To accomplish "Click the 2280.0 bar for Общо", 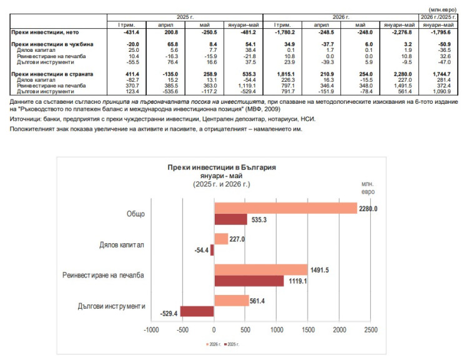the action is point(285,208).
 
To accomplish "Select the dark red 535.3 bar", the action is point(231,219).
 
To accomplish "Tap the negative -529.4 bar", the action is point(197,311).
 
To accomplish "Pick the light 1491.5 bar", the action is point(261,270).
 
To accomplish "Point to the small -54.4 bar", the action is point(212,250).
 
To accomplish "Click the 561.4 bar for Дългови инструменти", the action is point(232,301).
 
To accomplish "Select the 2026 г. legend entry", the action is point(214,344).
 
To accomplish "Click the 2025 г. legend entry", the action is point(232,344).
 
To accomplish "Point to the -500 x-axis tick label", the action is point(182,329).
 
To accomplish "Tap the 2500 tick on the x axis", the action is point(371,329).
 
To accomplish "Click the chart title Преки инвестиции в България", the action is point(222,167).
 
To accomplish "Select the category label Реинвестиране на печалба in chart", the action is point(103,275).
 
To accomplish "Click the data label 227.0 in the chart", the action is point(237,239).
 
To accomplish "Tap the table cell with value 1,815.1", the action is point(286,74).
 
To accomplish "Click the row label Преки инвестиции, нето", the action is point(45,32).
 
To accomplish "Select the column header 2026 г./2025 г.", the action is point(438,17).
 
